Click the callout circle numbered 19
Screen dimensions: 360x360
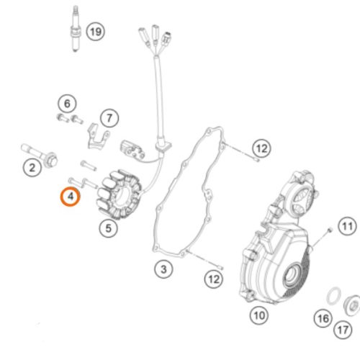coord(96,32)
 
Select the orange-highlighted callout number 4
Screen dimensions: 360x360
coord(70,197)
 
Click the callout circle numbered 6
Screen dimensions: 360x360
coord(67,104)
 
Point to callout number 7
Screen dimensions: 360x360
coord(109,118)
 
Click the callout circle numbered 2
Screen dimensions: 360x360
coord(32,168)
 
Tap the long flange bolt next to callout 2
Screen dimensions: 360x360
coord(40,155)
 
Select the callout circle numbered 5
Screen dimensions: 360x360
coord(109,228)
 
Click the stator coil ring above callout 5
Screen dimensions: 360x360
coord(119,194)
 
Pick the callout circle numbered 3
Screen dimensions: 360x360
coord(163,269)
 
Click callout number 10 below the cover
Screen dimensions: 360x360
coord(259,315)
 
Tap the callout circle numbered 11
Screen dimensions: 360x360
coord(348,226)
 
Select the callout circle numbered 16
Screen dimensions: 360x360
coord(323,318)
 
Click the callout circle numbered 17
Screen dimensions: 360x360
coord(343,330)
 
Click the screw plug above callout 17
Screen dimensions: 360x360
coord(351,306)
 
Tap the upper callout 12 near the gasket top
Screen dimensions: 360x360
coord(261,148)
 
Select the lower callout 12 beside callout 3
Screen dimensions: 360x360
coord(214,279)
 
